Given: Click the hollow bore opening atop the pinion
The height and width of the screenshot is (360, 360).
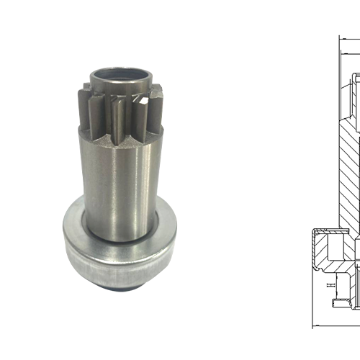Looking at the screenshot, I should pyautogui.click(x=120, y=73).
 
